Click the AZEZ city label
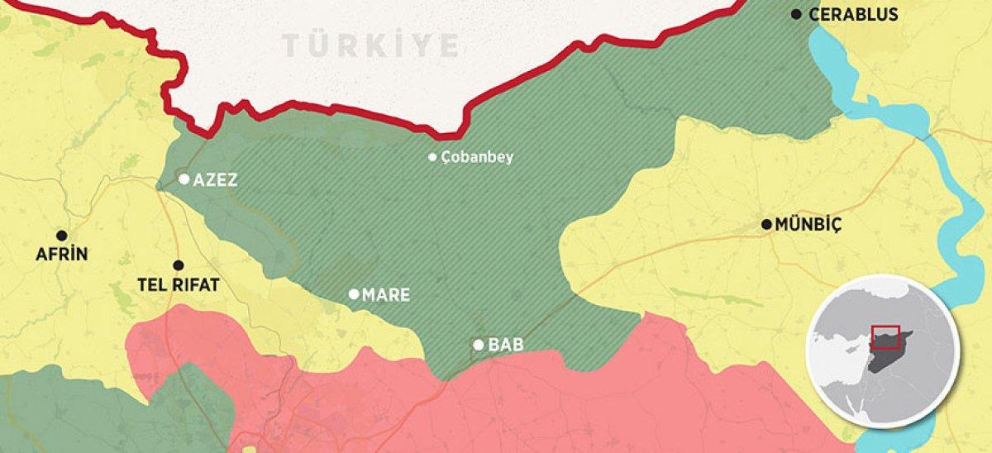click(x=215, y=179)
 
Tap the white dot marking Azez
click(x=184, y=179)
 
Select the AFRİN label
click(x=61, y=254)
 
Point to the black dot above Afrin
click(x=61, y=235)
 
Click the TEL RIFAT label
click(x=179, y=285)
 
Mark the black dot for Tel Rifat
click(x=178, y=265)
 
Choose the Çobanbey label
click(x=477, y=157)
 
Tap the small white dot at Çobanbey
click(x=432, y=157)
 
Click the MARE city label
click(x=386, y=294)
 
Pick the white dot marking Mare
click(x=354, y=293)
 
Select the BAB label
click(x=506, y=345)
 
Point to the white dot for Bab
click(x=479, y=345)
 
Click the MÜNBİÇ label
click(x=808, y=225)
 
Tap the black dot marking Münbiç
click(x=767, y=224)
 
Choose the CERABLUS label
click(x=853, y=14)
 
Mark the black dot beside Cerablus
click(x=797, y=14)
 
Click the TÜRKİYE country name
click(x=370, y=46)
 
